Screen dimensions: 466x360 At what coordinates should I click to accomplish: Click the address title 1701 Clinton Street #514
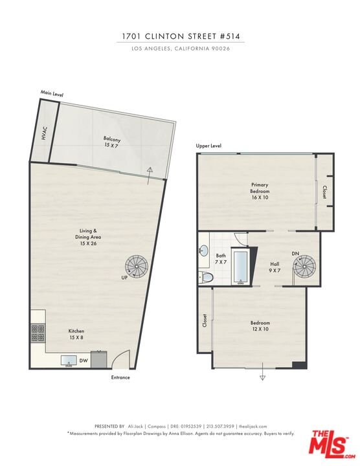tap(181, 37)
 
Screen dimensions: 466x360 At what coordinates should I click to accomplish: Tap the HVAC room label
tap(44, 135)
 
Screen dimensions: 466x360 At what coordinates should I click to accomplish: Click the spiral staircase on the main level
tap(137, 265)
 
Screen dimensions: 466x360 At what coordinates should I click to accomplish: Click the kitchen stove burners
tap(37, 333)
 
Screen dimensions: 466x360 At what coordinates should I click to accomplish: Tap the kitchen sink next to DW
tap(68, 361)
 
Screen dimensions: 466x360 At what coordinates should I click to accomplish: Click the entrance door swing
tap(120, 361)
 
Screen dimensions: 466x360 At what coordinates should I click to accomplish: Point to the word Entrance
tap(120, 377)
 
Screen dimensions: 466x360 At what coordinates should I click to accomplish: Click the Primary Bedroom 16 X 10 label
tap(259, 188)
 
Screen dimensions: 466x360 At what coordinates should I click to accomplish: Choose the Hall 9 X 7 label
tap(275, 267)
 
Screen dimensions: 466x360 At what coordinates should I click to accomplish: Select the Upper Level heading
tap(208, 146)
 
